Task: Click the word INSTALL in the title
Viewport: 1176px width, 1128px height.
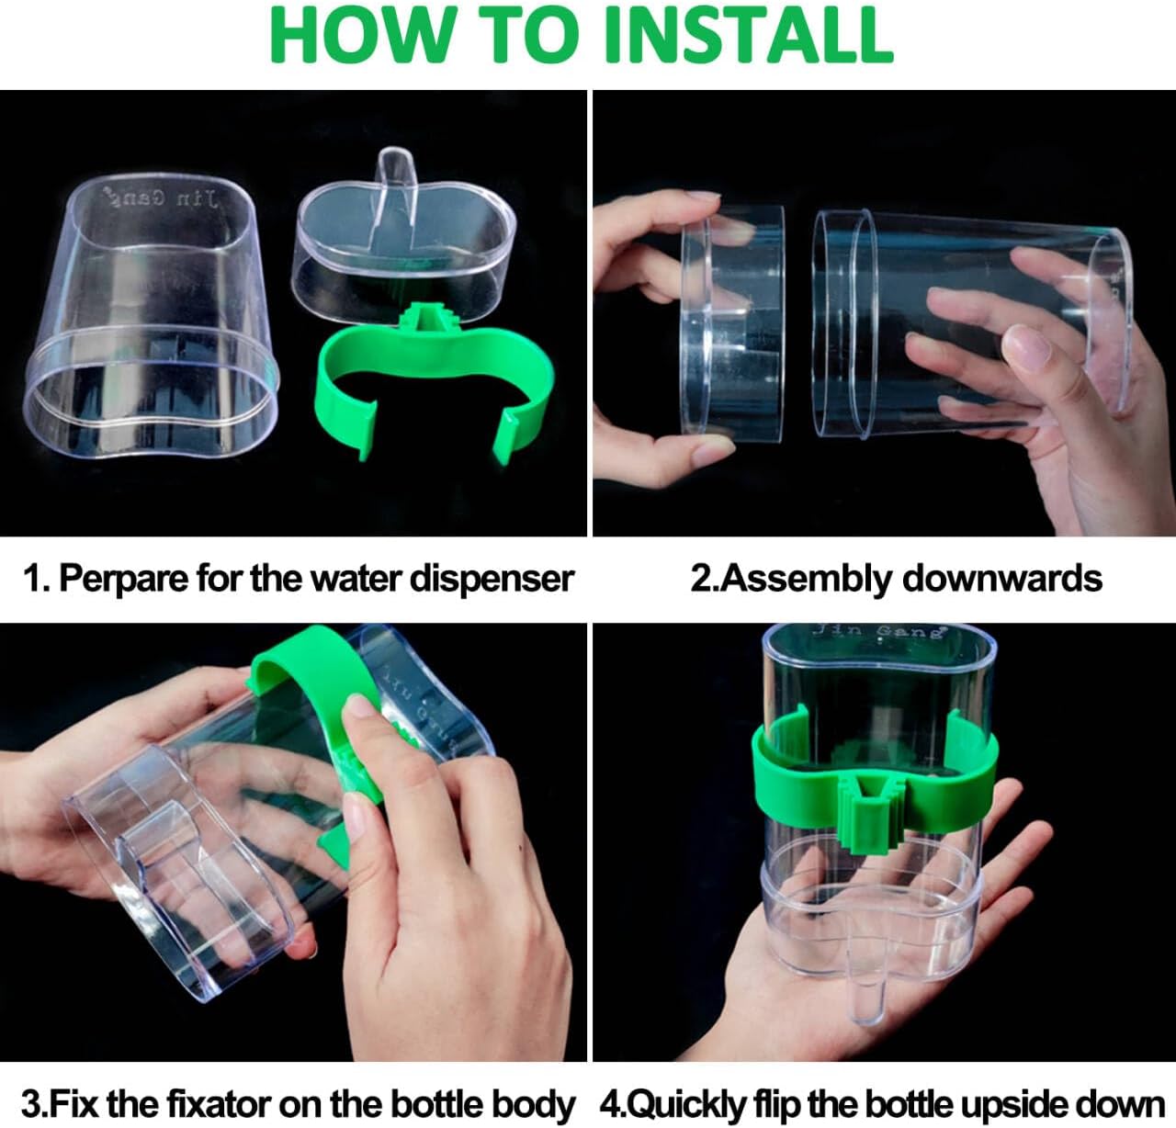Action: point(748,35)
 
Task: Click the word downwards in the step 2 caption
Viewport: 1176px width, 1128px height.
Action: point(1001,579)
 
